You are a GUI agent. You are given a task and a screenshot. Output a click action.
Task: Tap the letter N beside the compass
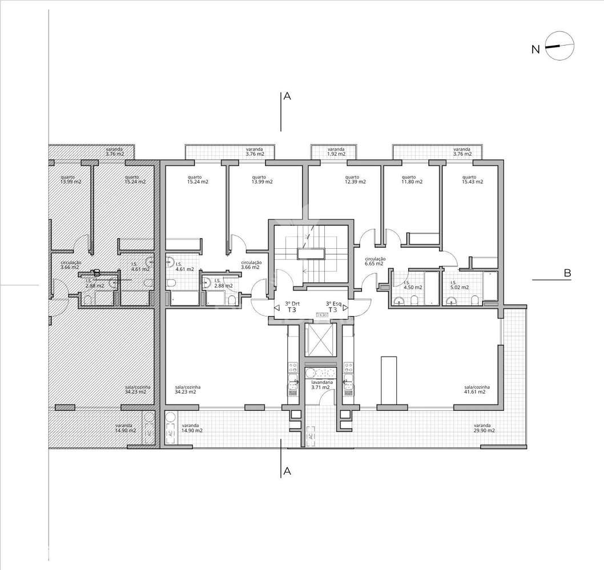click(535, 50)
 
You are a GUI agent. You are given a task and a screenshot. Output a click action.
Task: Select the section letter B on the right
click(567, 273)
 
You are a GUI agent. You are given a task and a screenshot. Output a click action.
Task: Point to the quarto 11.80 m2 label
click(412, 179)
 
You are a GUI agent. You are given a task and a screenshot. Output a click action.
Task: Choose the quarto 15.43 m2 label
click(472, 179)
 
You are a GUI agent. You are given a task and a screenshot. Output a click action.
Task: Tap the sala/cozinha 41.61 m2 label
click(474, 390)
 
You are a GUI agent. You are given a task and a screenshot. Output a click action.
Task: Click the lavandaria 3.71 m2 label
click(320, 385)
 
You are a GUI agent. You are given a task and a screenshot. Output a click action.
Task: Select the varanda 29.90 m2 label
click(484, 428)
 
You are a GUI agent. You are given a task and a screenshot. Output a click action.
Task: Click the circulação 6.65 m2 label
click(375, 261)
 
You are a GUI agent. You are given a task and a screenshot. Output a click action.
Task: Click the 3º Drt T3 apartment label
click(292, 307)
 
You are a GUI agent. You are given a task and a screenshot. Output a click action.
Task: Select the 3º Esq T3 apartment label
click(333, 307)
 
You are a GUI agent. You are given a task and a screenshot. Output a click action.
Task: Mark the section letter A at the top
click(287, 97)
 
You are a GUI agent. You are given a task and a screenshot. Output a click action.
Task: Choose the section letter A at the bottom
click(287, 471)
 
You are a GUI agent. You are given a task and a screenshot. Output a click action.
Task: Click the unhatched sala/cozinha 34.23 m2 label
click(186, 390)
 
